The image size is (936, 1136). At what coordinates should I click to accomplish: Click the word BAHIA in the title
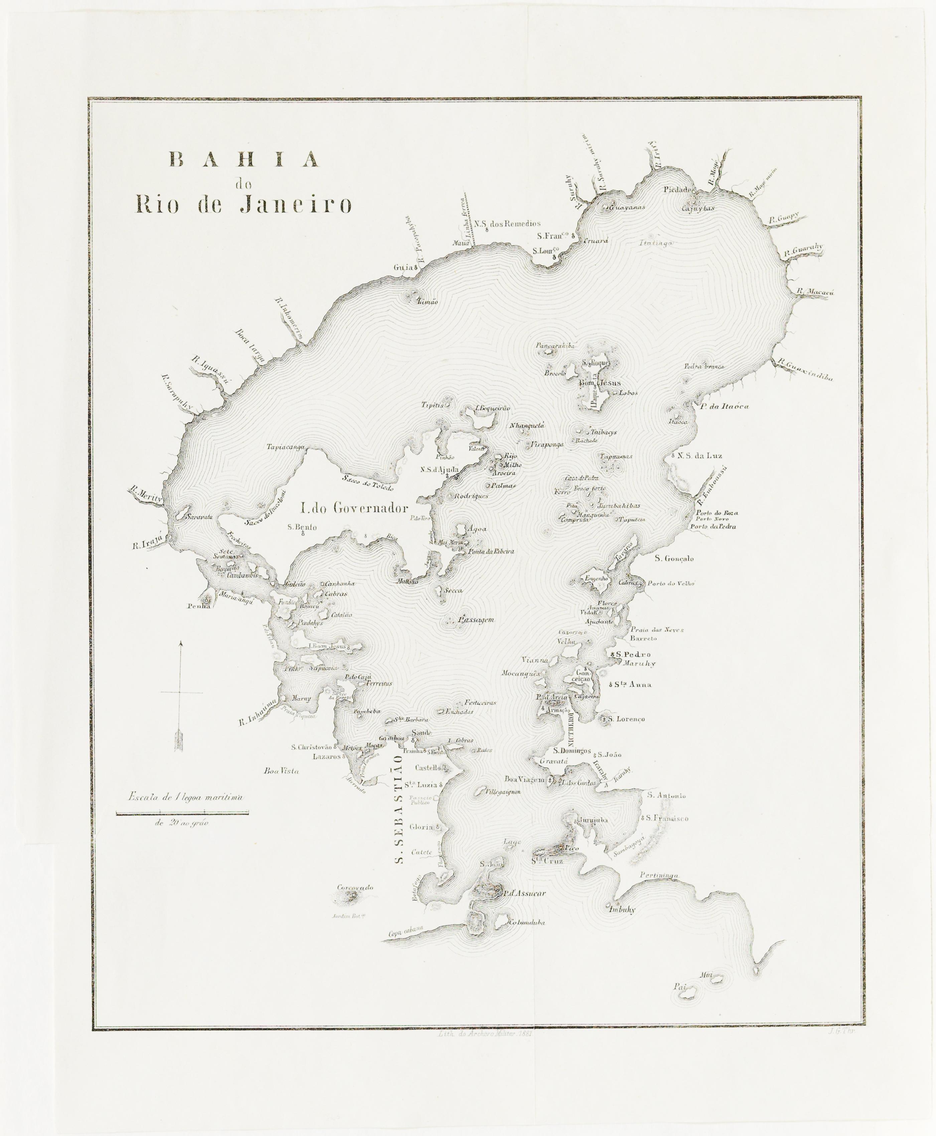click(244, 160)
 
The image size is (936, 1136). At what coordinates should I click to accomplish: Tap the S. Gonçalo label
click(674, 558)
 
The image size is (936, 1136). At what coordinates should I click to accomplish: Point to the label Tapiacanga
click(286, 447)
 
